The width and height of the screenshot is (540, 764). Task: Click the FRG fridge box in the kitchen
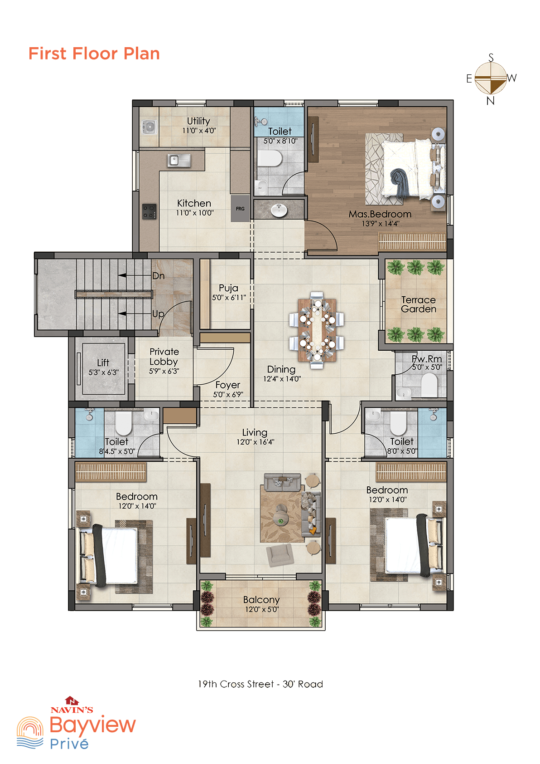point(240,208)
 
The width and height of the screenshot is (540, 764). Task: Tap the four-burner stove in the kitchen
point(149,211)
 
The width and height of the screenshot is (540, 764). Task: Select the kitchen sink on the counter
point(179,160)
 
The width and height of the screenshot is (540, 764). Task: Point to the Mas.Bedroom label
point(380,214)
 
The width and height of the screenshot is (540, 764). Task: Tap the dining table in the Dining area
point(317,330)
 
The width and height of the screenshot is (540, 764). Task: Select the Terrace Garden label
point(419,304)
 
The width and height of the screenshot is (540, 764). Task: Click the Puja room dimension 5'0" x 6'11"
point(229,298)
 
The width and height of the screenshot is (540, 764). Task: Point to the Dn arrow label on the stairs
point(158,275)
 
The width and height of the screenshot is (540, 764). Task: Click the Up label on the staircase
point(158,314)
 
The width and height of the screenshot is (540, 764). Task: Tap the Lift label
point(103,362)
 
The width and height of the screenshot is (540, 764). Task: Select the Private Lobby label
point(164,357)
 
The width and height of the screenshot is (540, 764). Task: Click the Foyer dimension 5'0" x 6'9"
point(228,395)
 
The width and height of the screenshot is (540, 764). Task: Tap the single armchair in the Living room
point(280,555)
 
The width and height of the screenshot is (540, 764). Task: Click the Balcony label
point(261,600)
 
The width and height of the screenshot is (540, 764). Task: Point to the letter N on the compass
point(490,101)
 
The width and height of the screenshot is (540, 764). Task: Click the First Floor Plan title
point(94,54)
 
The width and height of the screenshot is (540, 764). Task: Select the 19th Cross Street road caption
point(260,684)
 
